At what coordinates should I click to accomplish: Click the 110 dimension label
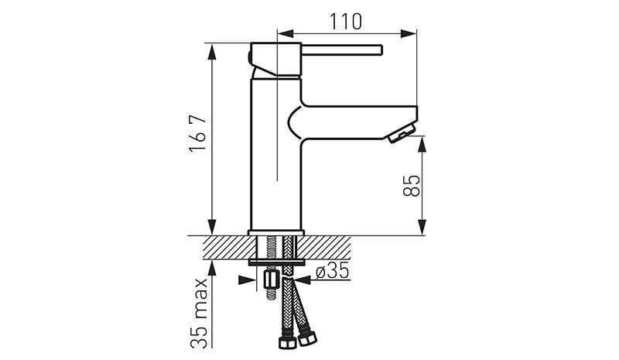pyautogui.click(x=345, y=22)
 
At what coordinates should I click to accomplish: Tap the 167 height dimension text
pyautogui.click(x=198, y=133)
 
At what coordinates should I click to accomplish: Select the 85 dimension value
pyautogui.click(x=412, y=186)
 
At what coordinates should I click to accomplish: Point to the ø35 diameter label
pyautogui.click(x=333, y=271)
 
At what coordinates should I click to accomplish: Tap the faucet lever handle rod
pyautogui.click(x=342, y=50)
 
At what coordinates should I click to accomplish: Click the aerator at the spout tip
pyautogui.click(x=402, y=134)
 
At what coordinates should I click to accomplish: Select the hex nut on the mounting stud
pyautogui.click(x=270, y=280)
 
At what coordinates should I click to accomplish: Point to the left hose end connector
pyautogui.click(x=286, y=342)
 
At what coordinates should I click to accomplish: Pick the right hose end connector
pyautogui.click(x=307, y=338)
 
